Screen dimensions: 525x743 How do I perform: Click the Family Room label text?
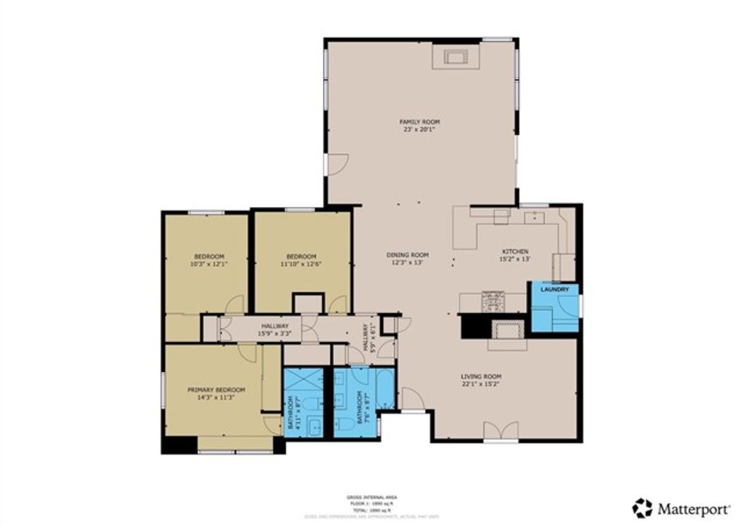[421, 121]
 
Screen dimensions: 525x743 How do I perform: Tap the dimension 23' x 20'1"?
[421, 130]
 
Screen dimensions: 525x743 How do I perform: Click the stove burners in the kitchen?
[493, 298]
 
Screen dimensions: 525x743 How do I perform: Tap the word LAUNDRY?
[556, 290]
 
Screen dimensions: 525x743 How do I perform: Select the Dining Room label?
[407, 255]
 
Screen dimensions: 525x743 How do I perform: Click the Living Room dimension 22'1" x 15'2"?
[481, 384]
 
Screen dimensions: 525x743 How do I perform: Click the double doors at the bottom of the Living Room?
[501, 431]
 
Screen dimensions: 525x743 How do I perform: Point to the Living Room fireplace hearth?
[506, 330]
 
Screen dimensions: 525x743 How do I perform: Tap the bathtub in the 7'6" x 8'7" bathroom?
[387, 388]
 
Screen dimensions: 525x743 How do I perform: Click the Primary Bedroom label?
[215, 389]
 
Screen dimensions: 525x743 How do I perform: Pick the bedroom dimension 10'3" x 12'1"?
[208, 264]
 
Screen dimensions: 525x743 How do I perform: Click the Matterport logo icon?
[642, 508]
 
